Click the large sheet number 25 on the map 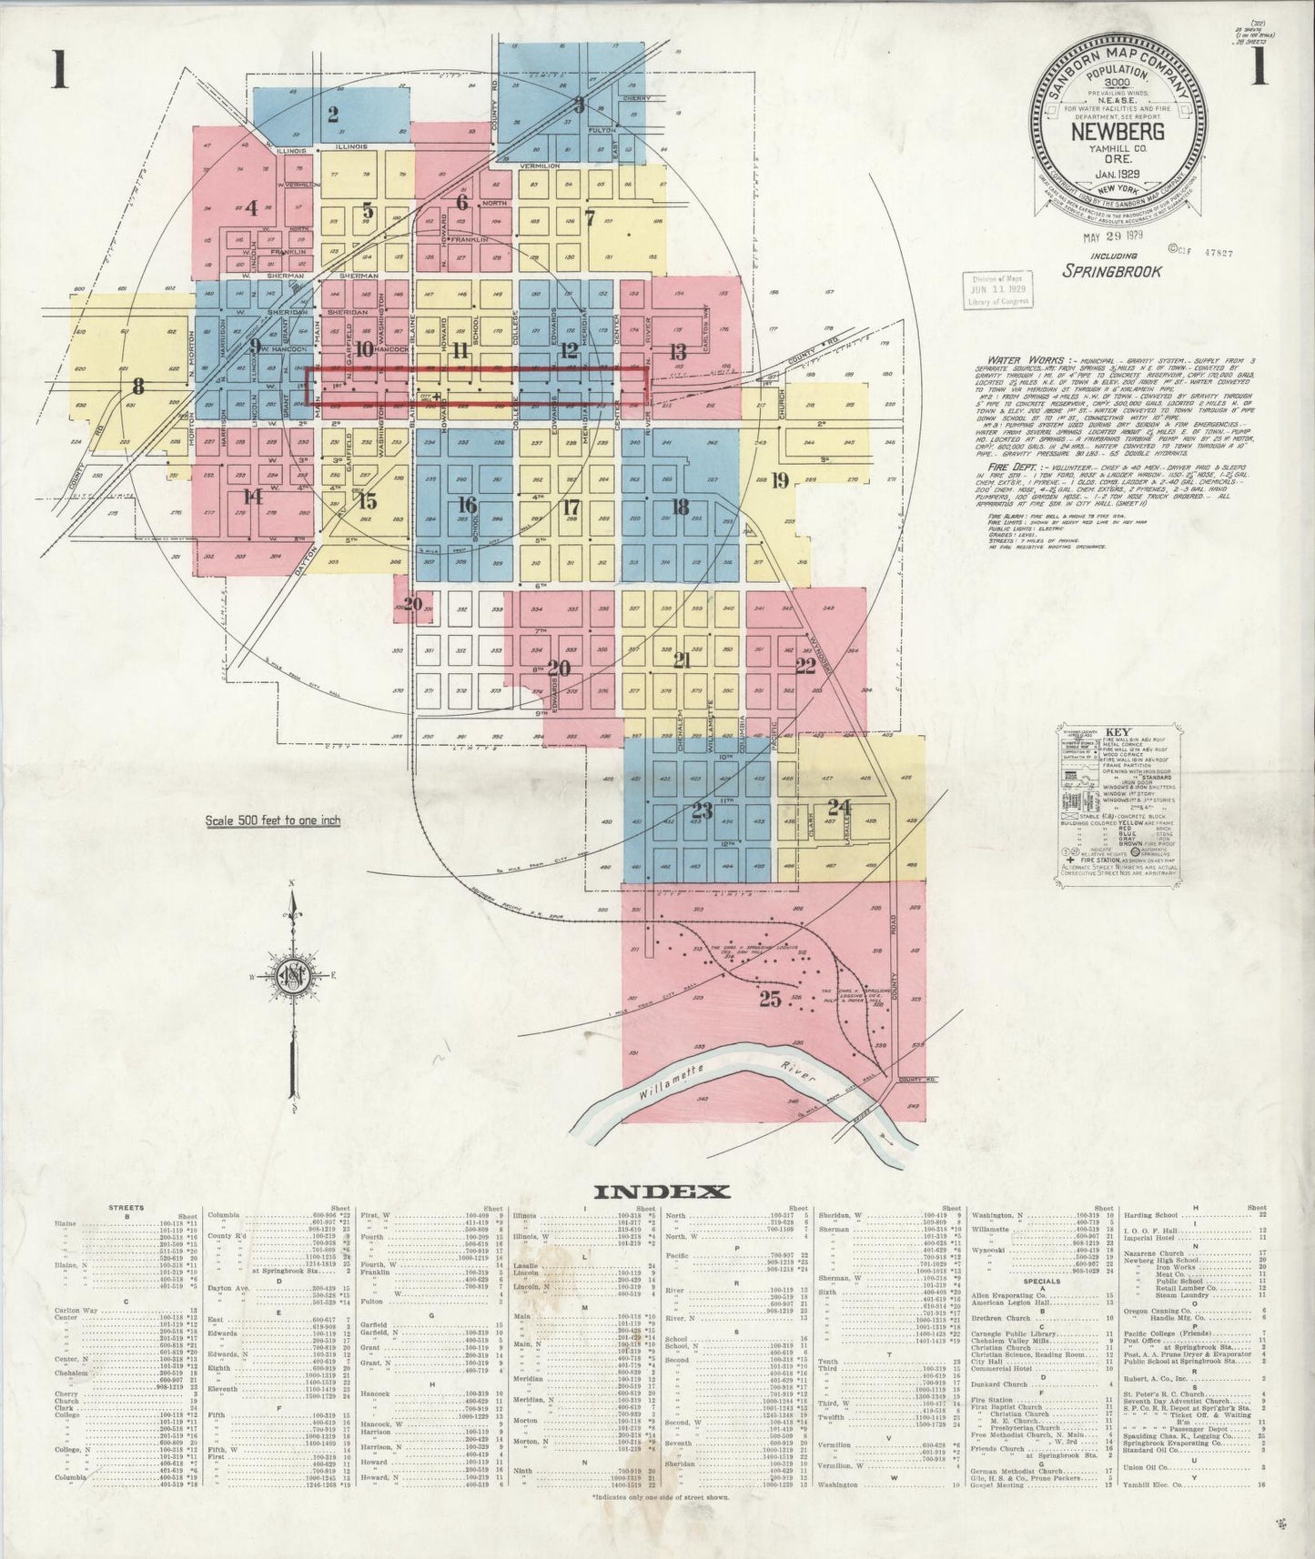(770, 999)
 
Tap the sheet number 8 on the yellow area (138, 384)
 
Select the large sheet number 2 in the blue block (333, 115)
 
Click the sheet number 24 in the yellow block (839, 806)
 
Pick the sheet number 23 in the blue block (702, 810)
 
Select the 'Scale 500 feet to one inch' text (273, 820)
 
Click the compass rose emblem (294, 971)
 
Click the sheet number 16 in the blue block (467, 504)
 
